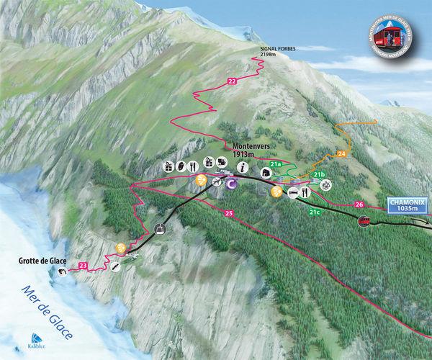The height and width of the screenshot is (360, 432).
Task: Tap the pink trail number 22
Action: pyautogui.click(x=231, y=82)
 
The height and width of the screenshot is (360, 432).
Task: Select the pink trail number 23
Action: pyautogui.click(x=84, y=267)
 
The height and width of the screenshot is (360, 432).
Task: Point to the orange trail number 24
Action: pyautogui.click(x=341, y=153)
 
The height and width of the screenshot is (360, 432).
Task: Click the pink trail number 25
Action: pyautogui.click(x=229, y=214)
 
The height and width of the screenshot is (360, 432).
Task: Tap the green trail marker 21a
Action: pyautogui.click(x=274, y=165)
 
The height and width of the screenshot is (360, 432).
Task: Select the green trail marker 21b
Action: pyautogui.click(x=320, y=174)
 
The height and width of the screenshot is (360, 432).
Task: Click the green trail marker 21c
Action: pyautogui.click(x=314, y=212)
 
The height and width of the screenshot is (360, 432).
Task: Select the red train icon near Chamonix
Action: pyautogui.click(x=368, y=220)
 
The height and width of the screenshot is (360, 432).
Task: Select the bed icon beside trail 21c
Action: pyautogui.click(x=294, y=192)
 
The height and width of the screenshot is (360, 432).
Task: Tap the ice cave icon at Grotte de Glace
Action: pyautogui.click(x=63, y=271)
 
